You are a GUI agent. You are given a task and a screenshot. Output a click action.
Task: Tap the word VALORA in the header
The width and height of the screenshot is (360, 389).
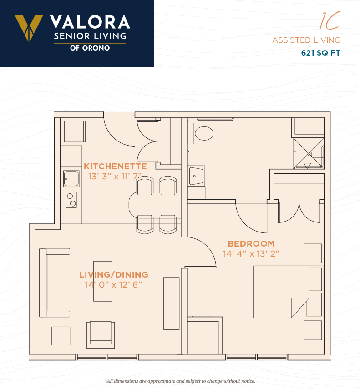90,22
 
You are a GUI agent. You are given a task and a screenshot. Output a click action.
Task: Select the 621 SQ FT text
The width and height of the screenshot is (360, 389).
320,53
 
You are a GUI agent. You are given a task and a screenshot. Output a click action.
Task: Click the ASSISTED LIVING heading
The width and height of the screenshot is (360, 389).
306,40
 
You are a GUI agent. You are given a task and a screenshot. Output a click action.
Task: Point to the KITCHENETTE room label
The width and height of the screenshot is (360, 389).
115,166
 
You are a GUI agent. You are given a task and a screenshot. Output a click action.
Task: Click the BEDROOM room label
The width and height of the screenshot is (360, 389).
251,243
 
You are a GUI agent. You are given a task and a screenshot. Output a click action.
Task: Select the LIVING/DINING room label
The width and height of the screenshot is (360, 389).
114,275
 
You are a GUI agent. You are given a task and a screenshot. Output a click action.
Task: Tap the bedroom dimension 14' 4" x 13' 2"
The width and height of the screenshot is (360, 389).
251,254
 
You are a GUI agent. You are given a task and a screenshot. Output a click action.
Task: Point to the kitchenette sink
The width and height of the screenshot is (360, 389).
71,178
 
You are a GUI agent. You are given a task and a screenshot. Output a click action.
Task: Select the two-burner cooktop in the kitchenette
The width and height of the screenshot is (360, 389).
71,200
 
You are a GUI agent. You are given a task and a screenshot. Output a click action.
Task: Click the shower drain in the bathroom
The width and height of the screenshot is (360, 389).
309,154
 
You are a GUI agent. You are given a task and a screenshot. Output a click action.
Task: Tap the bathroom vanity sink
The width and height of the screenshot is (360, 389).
196,176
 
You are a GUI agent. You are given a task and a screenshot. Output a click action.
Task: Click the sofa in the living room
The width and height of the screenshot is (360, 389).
55,283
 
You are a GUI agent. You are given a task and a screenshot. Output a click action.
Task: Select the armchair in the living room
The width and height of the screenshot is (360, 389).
101,334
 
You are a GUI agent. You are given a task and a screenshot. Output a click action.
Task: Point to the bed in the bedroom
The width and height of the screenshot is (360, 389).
288,292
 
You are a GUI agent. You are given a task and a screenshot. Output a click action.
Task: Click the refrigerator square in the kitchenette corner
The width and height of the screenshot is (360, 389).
75,131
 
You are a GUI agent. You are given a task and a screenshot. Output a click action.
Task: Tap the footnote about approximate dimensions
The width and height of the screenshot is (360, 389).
180,381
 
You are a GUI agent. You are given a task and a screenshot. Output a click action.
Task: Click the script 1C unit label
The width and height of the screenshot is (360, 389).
330,20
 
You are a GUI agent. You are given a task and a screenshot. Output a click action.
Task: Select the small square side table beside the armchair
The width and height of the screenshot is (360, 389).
61,336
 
